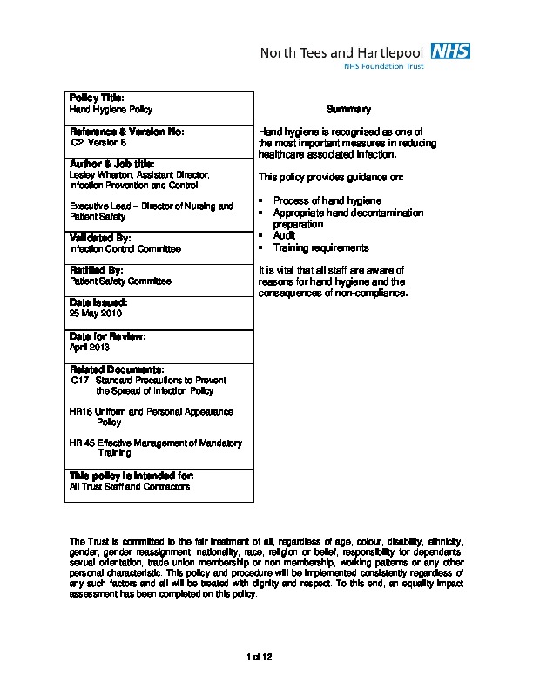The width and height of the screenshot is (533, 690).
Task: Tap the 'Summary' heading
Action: (x=348, y=110)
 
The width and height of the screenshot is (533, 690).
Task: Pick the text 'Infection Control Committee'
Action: (x=125, y=248)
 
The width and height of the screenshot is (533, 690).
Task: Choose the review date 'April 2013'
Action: (x=89, y=346)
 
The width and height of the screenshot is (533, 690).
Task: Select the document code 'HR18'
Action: (x=80, y=411)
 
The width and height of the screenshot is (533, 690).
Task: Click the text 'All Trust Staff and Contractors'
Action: (x=129, y=487)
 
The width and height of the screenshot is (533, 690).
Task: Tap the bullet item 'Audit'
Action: (x=285, y=235)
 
